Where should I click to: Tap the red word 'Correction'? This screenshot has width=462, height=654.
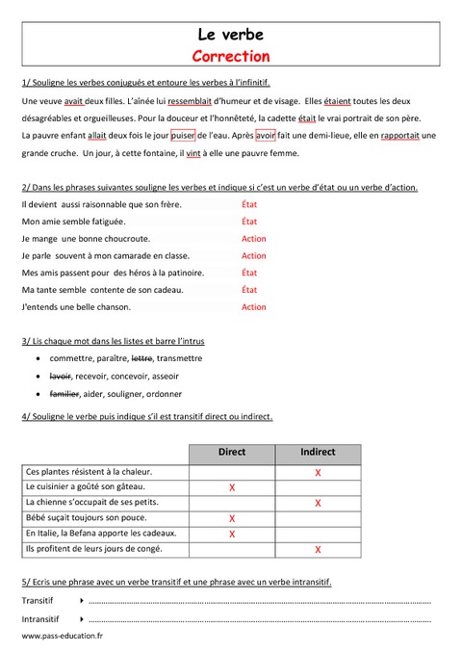pos(230,56)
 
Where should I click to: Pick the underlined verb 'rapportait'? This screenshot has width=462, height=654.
pos(393,136)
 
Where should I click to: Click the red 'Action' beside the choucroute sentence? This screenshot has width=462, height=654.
pos(254,239)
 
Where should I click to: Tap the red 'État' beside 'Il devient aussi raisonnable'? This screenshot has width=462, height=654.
pos(249,204)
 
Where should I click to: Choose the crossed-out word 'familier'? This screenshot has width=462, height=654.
pos(64,393)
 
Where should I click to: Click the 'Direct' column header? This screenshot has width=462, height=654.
pos(232,452)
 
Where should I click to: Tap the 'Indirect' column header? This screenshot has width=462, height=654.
pos(318,452)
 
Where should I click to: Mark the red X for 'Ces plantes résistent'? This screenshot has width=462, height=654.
pos(318,473)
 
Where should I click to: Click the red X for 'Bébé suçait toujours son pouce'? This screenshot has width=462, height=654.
pos(232,518)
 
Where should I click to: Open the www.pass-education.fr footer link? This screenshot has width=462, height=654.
pos(62,637)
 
